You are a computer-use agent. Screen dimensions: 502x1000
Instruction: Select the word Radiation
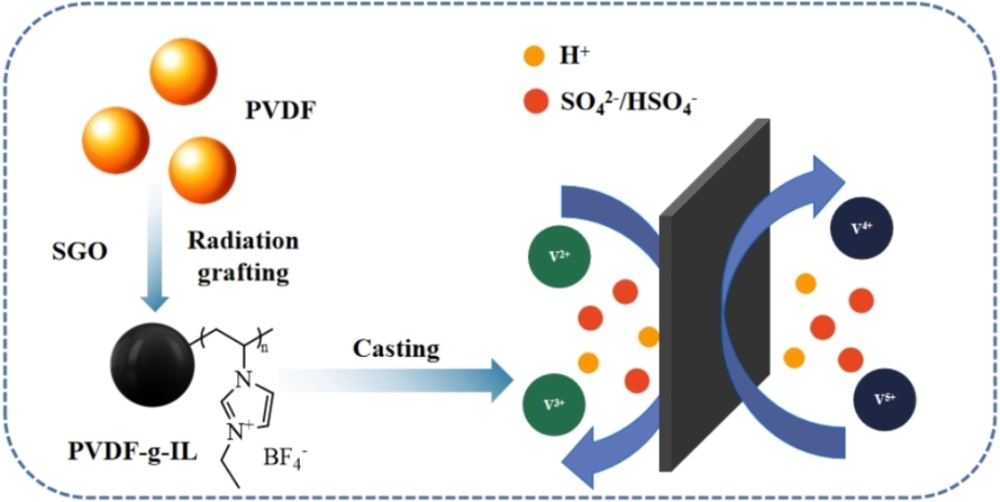pyautogui.click(x=242, y=241)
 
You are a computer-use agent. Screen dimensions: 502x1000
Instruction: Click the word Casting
pyautogui.click(x=397, y=348)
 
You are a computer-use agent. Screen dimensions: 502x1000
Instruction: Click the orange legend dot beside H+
pyautogui.click(x=534, y=57)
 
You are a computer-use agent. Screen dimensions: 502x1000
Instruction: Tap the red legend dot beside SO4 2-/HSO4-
pyautogui.click(x=534, y=102)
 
